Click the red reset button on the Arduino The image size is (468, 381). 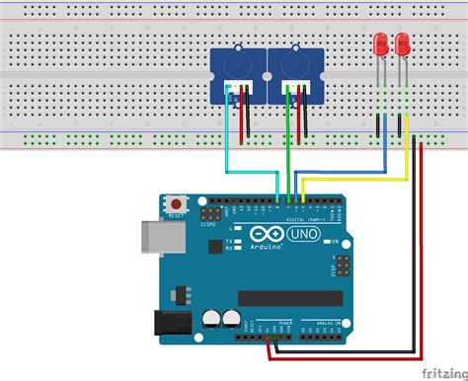[x=176, y=203]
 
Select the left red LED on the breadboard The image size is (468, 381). [x=380, y=44]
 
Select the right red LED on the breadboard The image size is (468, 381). [x=402, y=44]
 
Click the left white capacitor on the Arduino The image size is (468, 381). [x=212, y=318]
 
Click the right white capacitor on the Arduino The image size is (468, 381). [x=232, y=318]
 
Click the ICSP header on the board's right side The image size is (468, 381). [x=341, y=267]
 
